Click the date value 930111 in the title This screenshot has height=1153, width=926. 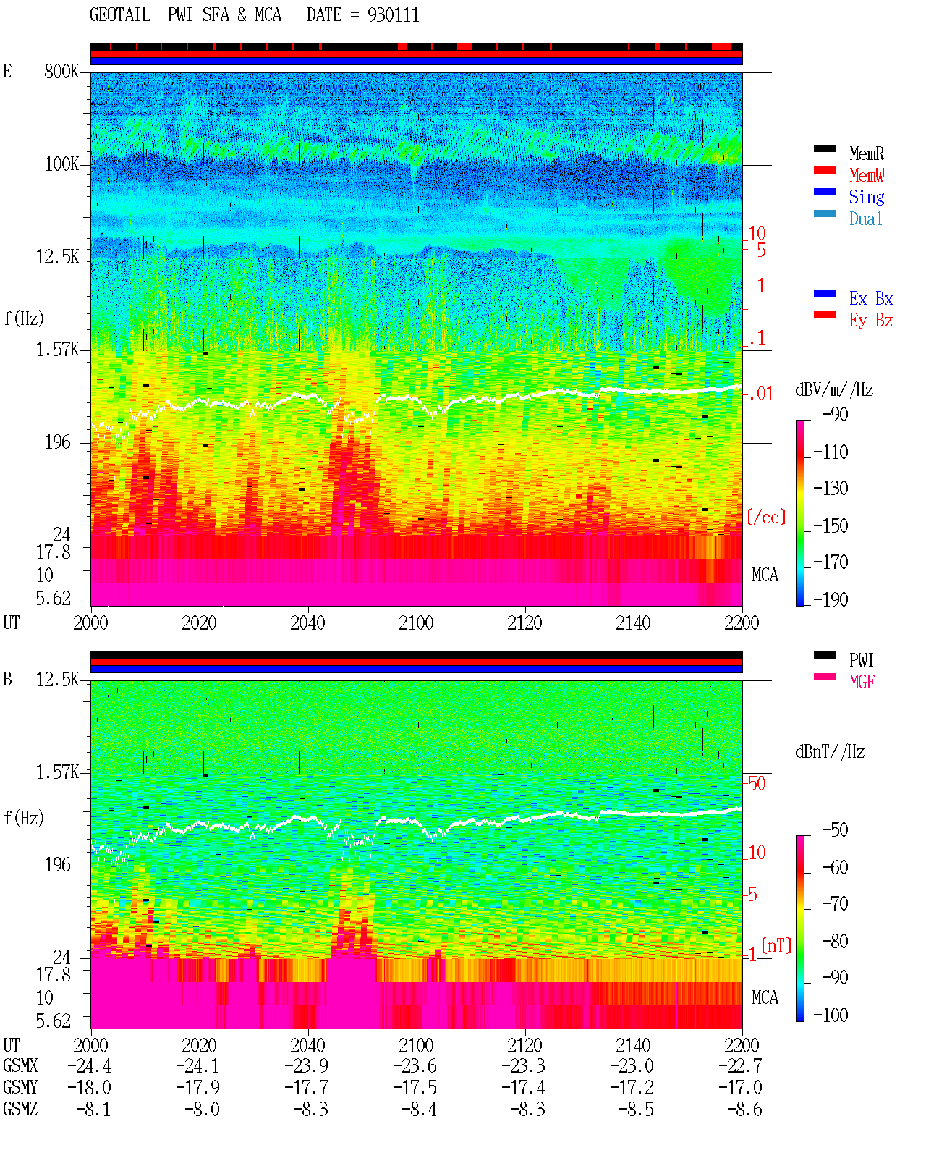tap(393, 15)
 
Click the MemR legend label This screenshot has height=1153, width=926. tap(867, 153)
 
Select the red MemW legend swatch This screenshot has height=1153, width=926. tap(824, 170)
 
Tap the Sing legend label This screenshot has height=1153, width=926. tap(867, 197)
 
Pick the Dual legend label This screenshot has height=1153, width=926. tap(866, 219)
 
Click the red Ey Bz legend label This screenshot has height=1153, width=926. tap(871, 320)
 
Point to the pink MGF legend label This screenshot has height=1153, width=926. tap(862, 682)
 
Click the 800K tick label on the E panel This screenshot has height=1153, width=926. tap(61, 71)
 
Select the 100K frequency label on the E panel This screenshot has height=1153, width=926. tap(61, 164)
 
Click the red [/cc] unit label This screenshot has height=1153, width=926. tap(766, 517)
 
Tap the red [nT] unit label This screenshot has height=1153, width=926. tap(776, 945)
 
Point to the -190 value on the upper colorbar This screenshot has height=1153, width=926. tap(831, 599)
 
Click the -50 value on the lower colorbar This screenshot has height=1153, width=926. tap(835, 830)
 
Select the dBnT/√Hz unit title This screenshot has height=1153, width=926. tap(831, 752)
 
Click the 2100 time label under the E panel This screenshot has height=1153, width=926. tap(416, 622)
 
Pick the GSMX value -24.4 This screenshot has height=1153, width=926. tap(90, 1065)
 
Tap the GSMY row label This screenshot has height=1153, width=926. tap(20, 1087)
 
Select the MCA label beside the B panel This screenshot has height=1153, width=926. tap(765, 997)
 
